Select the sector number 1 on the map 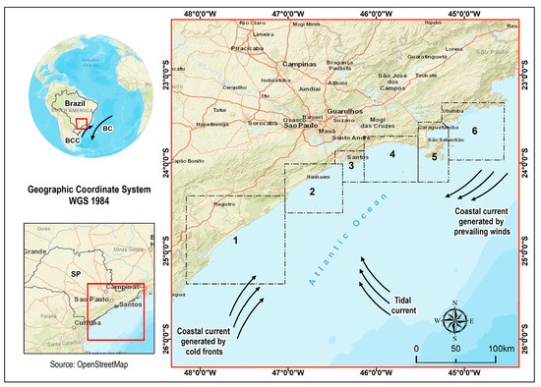coord(236,239)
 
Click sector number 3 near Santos coord(349,167)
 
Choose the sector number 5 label coord(434,156)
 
